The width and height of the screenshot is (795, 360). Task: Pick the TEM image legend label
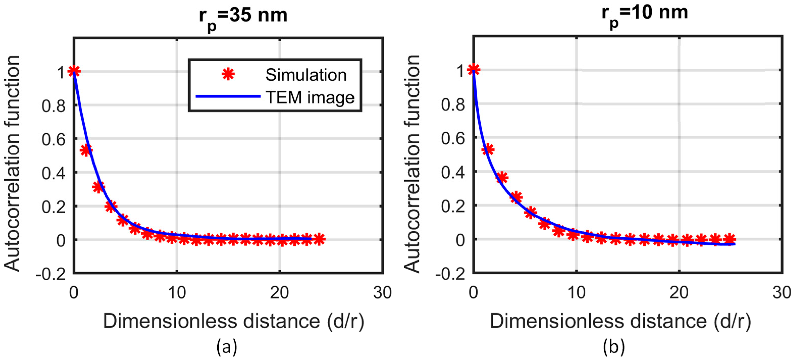tap(310, 98)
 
